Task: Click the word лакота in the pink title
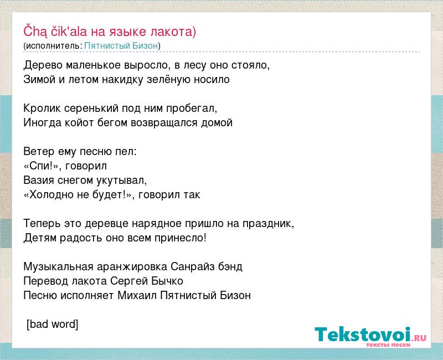click(173, 32)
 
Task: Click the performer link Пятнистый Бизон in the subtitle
click(121, 46)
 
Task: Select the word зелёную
click(169, 79)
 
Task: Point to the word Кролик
click(42, 108)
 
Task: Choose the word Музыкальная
click(59, 267)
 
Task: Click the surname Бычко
click(167, 281)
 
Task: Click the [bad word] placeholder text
click(52, 325)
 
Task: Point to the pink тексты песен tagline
click(388, 344)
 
